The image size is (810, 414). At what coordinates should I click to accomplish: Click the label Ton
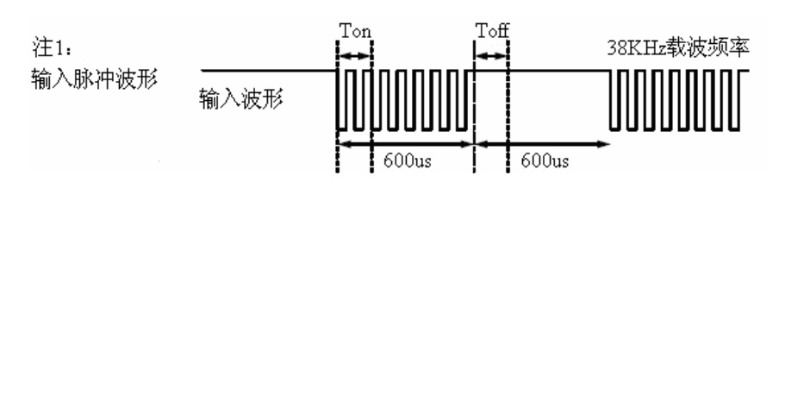coord(354,34)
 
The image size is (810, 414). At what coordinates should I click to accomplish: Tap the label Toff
coord(492,34)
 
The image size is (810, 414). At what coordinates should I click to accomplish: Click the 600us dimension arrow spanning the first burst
coord(406,143)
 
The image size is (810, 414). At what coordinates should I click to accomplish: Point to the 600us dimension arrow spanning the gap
coord(543,143)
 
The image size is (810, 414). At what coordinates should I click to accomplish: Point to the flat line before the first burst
coord(267,71)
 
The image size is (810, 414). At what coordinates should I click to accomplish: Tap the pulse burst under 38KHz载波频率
coord(676,99)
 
